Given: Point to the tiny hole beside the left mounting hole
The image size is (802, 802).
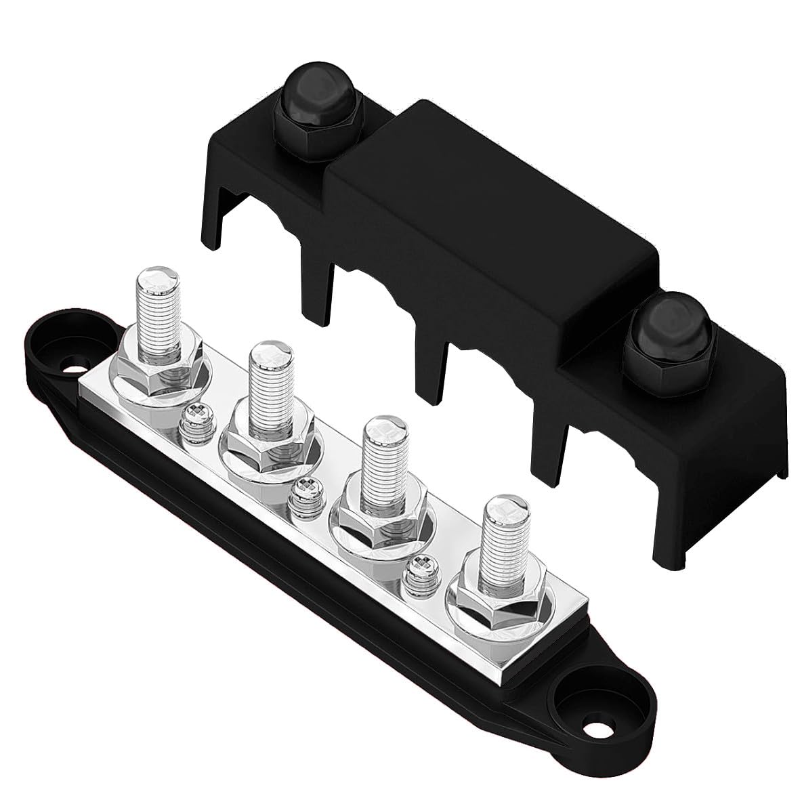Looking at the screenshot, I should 66,371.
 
